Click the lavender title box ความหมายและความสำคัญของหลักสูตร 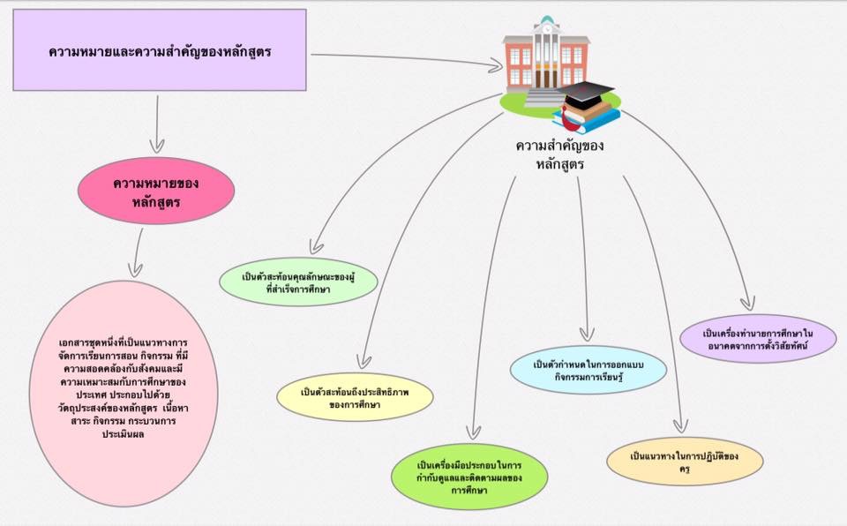[160, 50]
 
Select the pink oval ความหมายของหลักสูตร [157, 193]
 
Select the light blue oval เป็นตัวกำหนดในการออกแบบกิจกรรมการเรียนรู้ [588, 371]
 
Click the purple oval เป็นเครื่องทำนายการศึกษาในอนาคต [757, 339]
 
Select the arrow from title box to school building [406, 59]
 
